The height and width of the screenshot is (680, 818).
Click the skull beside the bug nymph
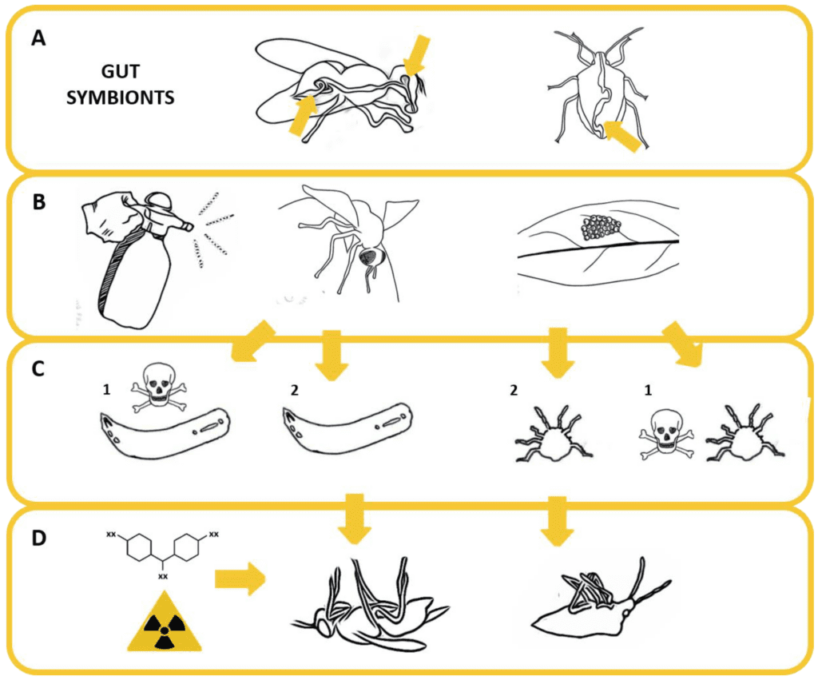point(664,437)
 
